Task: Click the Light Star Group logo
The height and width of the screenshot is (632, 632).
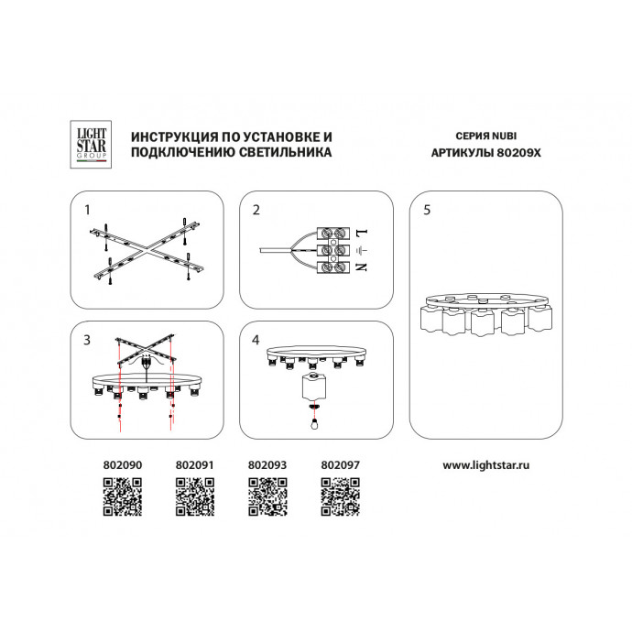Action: tap(91, 145)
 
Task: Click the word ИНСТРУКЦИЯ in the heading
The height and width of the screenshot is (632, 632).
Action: tap(175, 137)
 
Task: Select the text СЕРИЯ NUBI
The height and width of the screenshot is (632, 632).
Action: tap(486, 136)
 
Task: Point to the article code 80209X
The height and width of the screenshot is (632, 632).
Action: tap(518, 153)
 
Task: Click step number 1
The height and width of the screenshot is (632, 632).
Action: tap(87, 210)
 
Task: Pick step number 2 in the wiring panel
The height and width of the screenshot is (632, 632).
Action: tap(256, 210)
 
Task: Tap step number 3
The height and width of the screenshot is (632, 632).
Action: tap(87, 340)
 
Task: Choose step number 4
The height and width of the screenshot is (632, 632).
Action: tap(256, 340)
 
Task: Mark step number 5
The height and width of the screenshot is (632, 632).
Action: tap(427, 210)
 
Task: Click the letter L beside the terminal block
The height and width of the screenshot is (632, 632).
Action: tap(362, 233)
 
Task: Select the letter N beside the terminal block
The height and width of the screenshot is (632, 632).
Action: tap(362, 267)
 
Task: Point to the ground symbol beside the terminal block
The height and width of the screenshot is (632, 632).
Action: tap(362, 251)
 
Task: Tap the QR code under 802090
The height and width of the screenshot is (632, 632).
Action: tap(123, 496)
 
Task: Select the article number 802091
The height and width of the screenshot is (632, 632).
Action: tap(195, 465)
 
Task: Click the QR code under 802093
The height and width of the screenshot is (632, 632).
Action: tap(267, 496)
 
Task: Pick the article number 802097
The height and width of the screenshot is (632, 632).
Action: tap(340, 465)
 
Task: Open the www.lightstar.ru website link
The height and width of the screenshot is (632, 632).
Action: tap(486, 465)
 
